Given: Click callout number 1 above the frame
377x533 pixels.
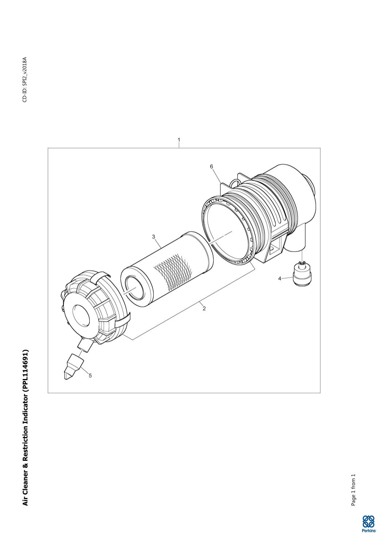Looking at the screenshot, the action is point(179,140).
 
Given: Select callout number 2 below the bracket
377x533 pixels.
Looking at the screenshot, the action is point(204,309).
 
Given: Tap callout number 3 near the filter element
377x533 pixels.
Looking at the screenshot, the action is point(154,237).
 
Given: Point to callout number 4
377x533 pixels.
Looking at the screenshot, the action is point(280,278).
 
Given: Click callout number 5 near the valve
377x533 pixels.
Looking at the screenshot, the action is point(90,375).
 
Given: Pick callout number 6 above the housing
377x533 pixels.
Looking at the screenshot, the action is point(212,167).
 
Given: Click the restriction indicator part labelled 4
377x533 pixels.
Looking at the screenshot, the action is point(302,272).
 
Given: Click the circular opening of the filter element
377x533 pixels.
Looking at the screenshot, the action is point(135,288).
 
